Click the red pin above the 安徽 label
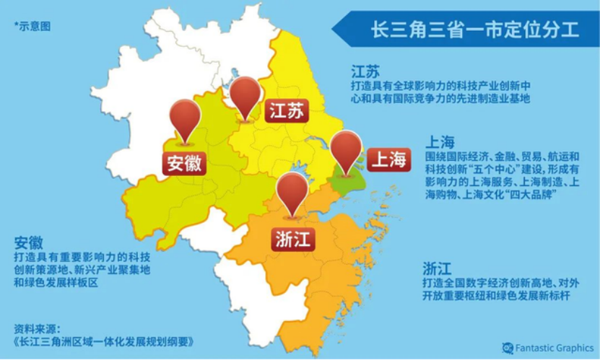pos(185,120)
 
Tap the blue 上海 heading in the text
pos(440,141)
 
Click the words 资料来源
pos(37,326)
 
